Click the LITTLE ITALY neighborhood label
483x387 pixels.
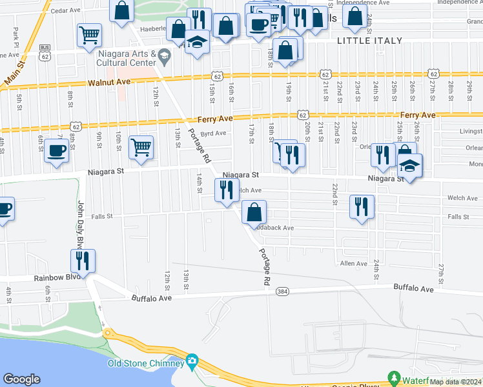point(370,41)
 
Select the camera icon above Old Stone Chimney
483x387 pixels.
point(192,360)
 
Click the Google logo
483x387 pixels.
point(21,379)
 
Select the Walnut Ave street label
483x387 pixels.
point(109,83)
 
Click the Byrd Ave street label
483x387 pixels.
point(213,134)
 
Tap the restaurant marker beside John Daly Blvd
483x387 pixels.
point(83,261)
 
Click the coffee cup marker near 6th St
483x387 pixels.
point(56,152)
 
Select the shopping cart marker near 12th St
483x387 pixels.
point(141,147)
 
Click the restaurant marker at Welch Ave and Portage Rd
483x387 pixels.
point(227,190)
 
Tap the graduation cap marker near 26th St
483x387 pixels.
point(409,166)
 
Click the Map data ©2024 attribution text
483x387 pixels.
point(455,382)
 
